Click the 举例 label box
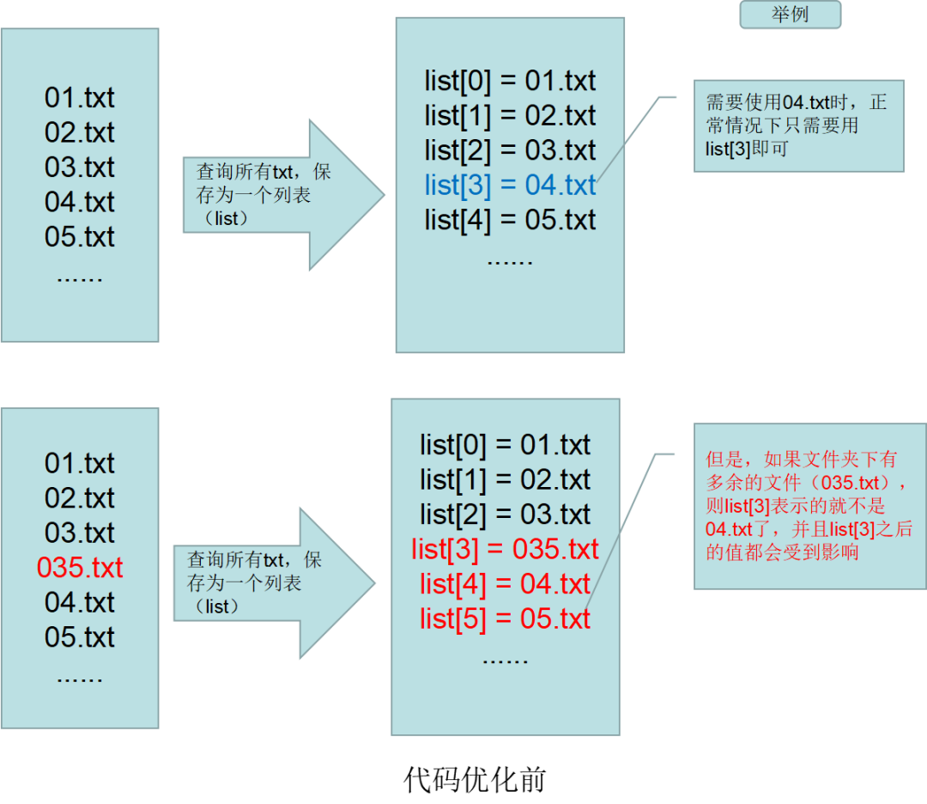[791, 15]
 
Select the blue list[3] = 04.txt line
[510, 185]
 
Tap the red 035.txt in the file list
[80, 568]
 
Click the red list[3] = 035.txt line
[505, 549]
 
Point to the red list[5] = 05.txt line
[505, 618]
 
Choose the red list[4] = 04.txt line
[505, 584]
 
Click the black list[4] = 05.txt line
[510, 220]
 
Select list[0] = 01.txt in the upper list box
[510, 81]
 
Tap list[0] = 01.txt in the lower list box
[505, 445]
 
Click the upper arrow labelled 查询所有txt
[275, 195]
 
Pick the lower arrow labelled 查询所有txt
[266, 583]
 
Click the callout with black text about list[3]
[798, 125]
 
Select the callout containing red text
[809, 506]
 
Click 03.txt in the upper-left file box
[80, 167]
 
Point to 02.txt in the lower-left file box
[80, 498]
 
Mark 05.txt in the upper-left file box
[80, 237]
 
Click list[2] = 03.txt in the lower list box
[505, 515]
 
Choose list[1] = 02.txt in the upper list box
[510, 115]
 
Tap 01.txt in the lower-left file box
[80, 464]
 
